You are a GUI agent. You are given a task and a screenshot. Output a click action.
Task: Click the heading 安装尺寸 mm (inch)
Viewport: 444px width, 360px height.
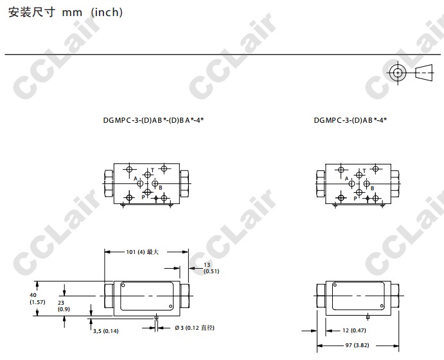coord(66,12)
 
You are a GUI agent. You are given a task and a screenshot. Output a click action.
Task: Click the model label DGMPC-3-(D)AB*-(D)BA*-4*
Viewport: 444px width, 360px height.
coord(154,120)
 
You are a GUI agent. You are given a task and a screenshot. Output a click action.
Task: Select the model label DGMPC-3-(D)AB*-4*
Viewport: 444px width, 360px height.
coord(350,120)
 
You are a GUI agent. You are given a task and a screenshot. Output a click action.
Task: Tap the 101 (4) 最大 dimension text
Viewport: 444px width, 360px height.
coord(143,252)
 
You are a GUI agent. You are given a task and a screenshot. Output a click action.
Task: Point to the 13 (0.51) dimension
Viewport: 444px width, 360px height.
coord(211,268)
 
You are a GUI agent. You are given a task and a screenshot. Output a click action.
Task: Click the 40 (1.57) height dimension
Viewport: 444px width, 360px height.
coord(37,298)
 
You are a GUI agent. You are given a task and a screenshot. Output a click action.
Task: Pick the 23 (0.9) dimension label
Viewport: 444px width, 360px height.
coord(64,306)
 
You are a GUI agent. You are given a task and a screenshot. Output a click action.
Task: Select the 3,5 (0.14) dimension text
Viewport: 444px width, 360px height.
coord(105,331)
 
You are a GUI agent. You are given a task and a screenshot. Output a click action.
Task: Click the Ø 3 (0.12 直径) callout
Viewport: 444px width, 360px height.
coord(195,328)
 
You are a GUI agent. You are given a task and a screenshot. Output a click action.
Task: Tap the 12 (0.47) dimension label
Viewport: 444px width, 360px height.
coord(354,330)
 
